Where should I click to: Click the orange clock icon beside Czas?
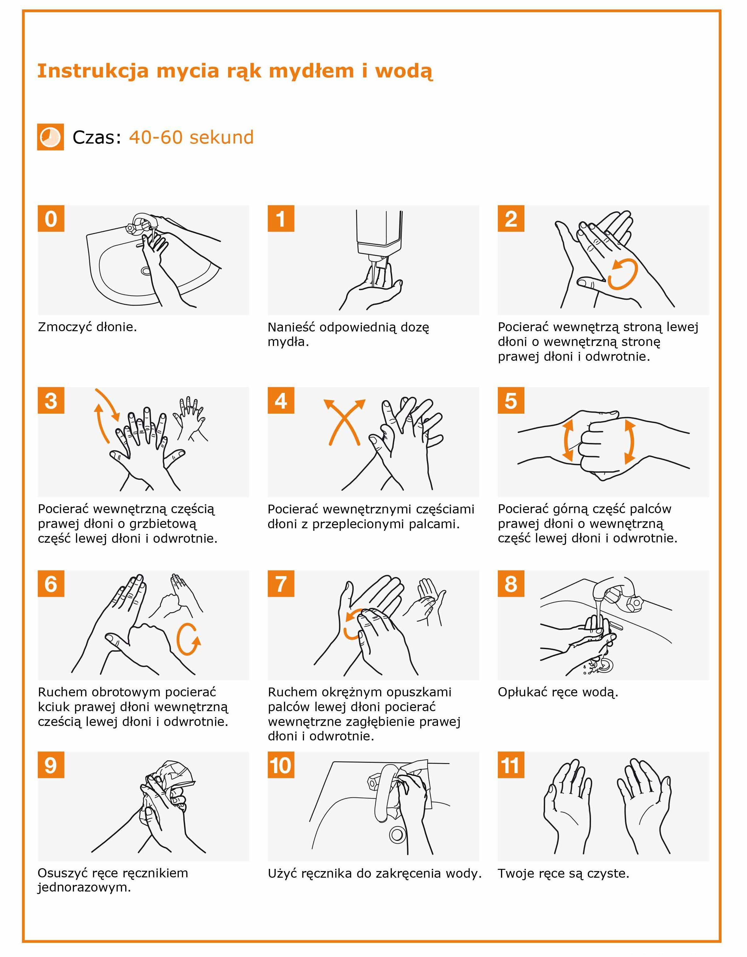50,137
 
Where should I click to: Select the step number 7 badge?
281,584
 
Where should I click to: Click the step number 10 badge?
281,765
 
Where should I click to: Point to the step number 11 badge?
511,765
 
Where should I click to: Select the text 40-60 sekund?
191,137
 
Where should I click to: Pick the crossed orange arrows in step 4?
345,422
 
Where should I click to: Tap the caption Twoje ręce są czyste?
564,874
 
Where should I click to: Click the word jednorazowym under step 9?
84,888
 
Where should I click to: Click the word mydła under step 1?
288,342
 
